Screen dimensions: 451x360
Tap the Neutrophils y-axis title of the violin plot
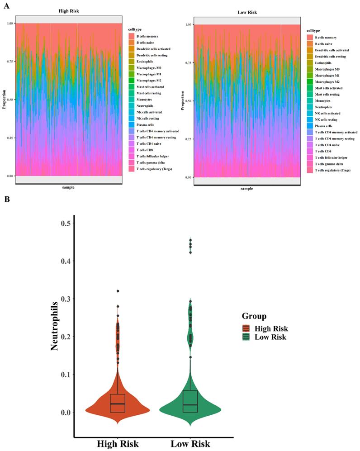coord(55,327)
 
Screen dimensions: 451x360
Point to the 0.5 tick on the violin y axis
coord(65,223)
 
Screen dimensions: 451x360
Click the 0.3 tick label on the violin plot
coord(65,299)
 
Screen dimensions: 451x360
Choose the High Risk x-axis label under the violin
coord(118,444)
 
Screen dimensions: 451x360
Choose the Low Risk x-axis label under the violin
coord(190,444)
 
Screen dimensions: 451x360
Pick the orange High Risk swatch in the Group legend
coord(246,329)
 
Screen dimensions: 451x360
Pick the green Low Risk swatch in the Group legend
coord(246,337)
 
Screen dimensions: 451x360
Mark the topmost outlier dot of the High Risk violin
coord(118,291)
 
